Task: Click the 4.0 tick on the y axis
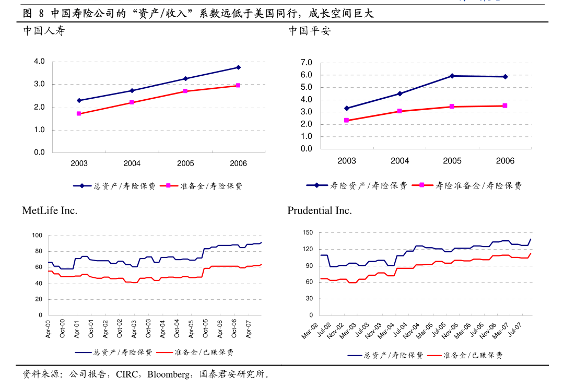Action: point(40,62)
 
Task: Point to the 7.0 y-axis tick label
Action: point(307,63)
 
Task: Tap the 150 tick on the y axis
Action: point(308,232)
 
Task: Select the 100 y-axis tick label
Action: point(37,236)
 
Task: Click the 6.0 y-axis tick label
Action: point(307,75)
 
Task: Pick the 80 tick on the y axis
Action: point(38,251)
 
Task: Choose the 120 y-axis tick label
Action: point(308,249)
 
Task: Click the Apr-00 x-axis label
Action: point(49,329)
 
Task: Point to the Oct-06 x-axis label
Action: point(234,329)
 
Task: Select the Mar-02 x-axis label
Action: point(310,331)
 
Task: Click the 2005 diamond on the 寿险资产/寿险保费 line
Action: point(452,76)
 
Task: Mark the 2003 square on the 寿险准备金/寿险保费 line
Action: point(346,121)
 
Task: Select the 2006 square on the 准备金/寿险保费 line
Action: point(238,85)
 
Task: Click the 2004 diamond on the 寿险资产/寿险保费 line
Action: point(399,93)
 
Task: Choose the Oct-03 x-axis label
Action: point(149,329)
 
